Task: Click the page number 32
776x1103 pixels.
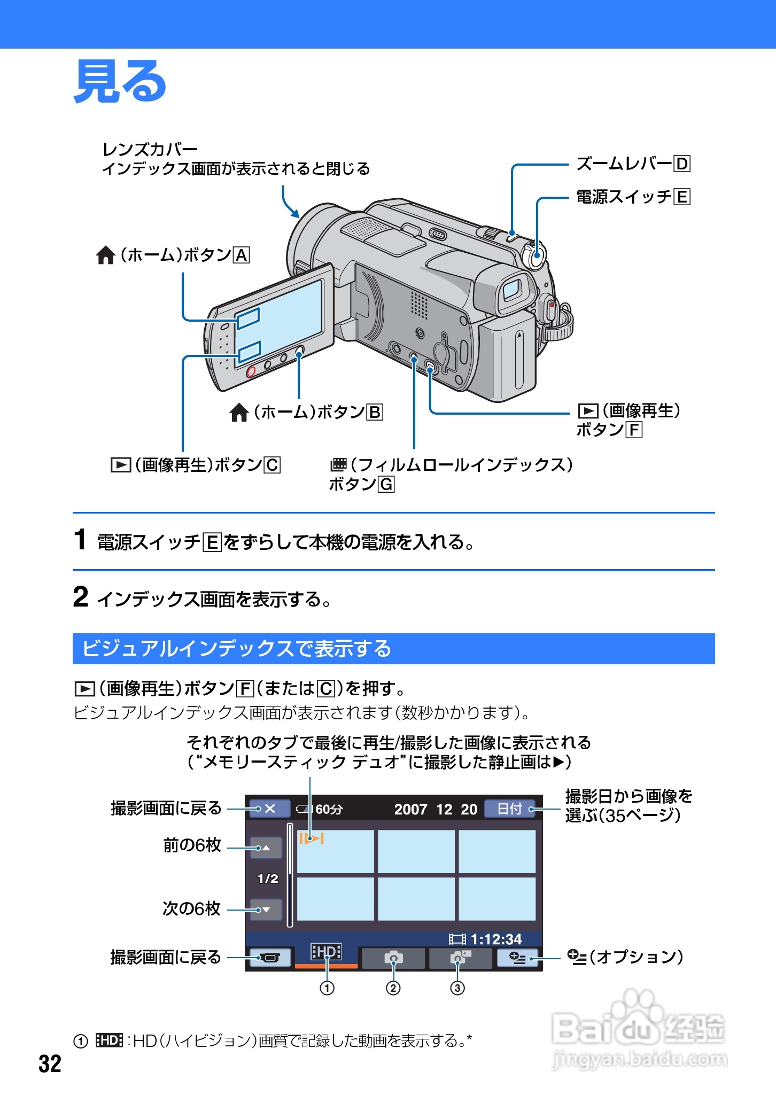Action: tap(50, 1064)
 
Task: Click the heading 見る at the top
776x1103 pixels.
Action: tap(120, 81)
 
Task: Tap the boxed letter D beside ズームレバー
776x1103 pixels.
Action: tap(682, 164)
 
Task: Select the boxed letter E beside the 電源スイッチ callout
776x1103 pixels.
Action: tap(682, 197)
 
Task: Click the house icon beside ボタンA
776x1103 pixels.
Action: tap(106, 255)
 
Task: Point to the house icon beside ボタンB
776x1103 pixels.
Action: tap(239, 413)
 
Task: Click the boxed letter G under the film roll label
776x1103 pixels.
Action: tap(386, 485)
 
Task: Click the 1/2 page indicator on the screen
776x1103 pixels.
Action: tap(267, 879)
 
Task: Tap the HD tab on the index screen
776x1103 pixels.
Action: tap(326, 952)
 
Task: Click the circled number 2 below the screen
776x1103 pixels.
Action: tap(393, 988)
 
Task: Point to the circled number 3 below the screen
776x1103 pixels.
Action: tap(457, 988)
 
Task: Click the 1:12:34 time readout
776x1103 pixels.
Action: tap(495, 939)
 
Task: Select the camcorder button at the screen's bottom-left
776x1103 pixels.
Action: tap(269, 957)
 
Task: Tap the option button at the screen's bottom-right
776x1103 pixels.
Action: tap(517, 957)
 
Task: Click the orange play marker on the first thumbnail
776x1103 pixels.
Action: tap(311, 838)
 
